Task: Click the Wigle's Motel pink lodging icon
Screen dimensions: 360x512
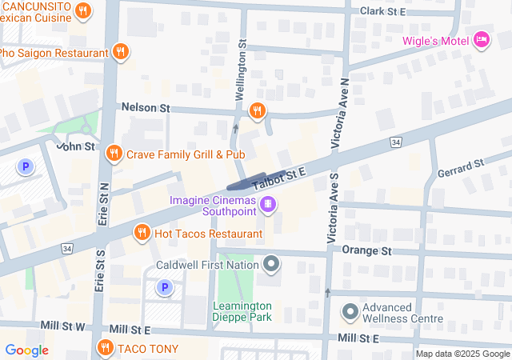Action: [x=481, y=38]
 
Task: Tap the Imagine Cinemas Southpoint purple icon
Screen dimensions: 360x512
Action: [x=269, y=205]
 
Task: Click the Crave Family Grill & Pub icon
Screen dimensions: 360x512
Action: [x=114, y=153]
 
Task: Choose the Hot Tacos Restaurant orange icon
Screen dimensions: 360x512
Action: [x=142, y=233]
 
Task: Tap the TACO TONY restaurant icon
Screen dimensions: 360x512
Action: [x=105, y=348]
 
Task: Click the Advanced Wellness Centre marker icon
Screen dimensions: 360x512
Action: [x=350, y=311]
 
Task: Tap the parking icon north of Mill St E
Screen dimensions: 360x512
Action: [x=164, y=287]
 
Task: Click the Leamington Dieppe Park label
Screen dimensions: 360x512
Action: [x=242, y=311]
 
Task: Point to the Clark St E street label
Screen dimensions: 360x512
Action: [x=383, y=11]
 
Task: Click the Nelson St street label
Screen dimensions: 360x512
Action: [x=146, y=107]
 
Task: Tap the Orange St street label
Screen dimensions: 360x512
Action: [x=366, y=250]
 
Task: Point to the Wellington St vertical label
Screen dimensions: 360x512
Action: [x=238, y=72]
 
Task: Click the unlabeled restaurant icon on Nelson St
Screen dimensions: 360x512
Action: [x=257, y=111]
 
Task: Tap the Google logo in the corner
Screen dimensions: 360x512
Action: [x=26, y=350]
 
